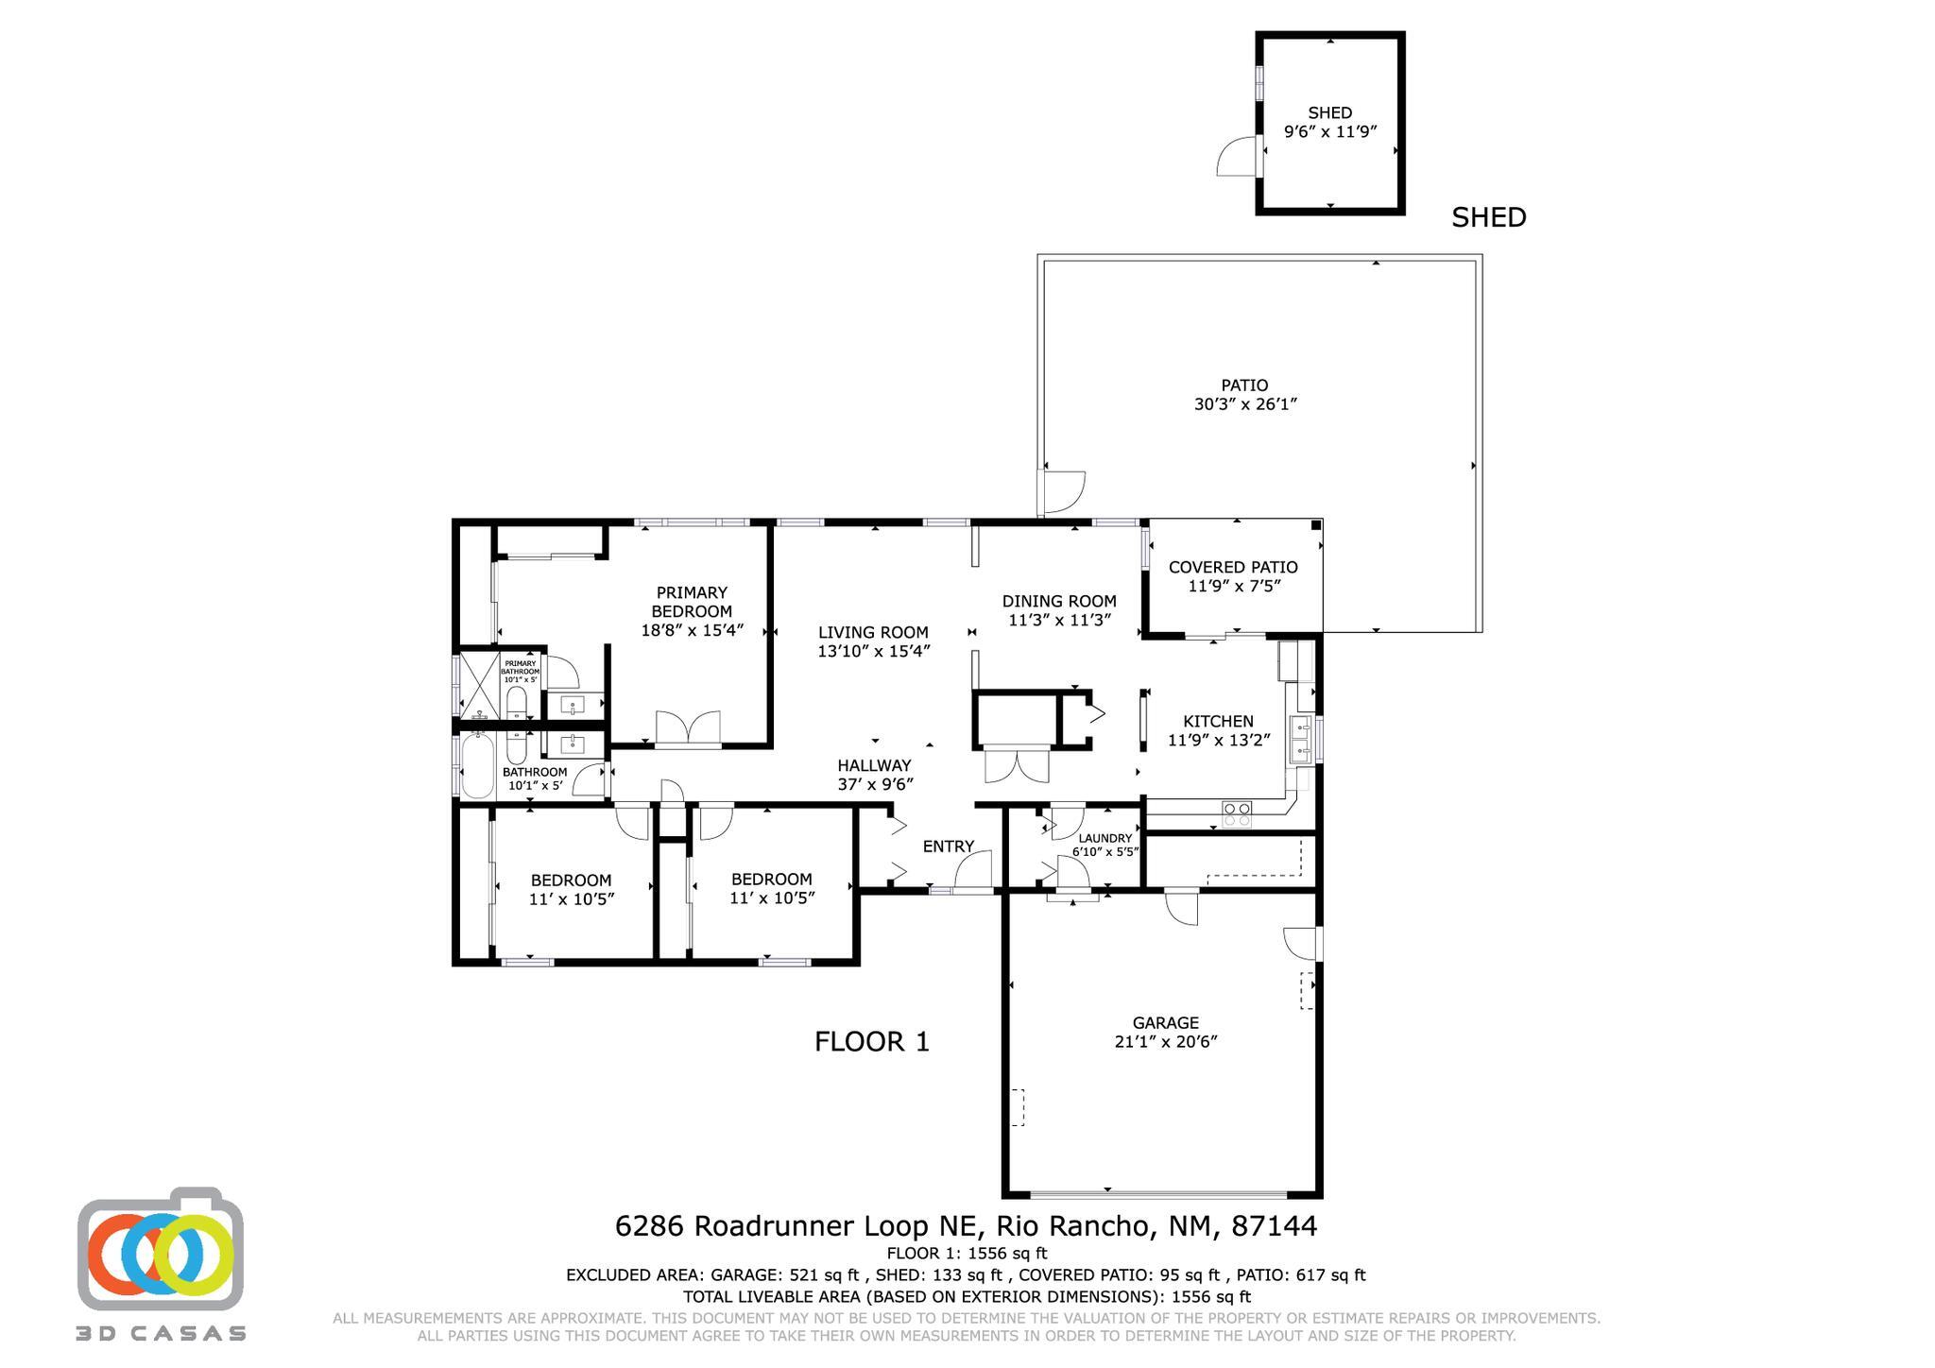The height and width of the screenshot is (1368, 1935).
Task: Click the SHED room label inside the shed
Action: [1329, 113]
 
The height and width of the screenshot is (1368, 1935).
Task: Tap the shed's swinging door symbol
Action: [1238, 157]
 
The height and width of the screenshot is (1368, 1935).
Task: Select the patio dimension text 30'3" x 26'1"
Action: [1244, 404]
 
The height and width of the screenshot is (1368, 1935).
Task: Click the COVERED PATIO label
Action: [1233, 567]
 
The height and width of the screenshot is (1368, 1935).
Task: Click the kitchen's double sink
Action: [1301, 740]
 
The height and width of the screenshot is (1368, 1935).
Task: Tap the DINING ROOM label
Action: [1059, 601]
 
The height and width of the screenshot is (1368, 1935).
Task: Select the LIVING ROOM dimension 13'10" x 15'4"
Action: [874, 651]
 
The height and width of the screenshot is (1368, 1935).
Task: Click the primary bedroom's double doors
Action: [688, 729]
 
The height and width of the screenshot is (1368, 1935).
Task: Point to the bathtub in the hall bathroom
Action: [477, 766]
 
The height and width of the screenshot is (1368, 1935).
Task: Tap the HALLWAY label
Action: [874, 765]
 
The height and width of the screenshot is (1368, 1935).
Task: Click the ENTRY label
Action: [948, 846]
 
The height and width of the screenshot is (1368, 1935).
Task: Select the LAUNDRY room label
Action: [1104, 838]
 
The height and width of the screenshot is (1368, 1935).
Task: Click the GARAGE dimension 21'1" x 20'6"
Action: [1165, 1042]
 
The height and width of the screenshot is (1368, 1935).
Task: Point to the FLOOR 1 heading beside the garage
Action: [871, 1042]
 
